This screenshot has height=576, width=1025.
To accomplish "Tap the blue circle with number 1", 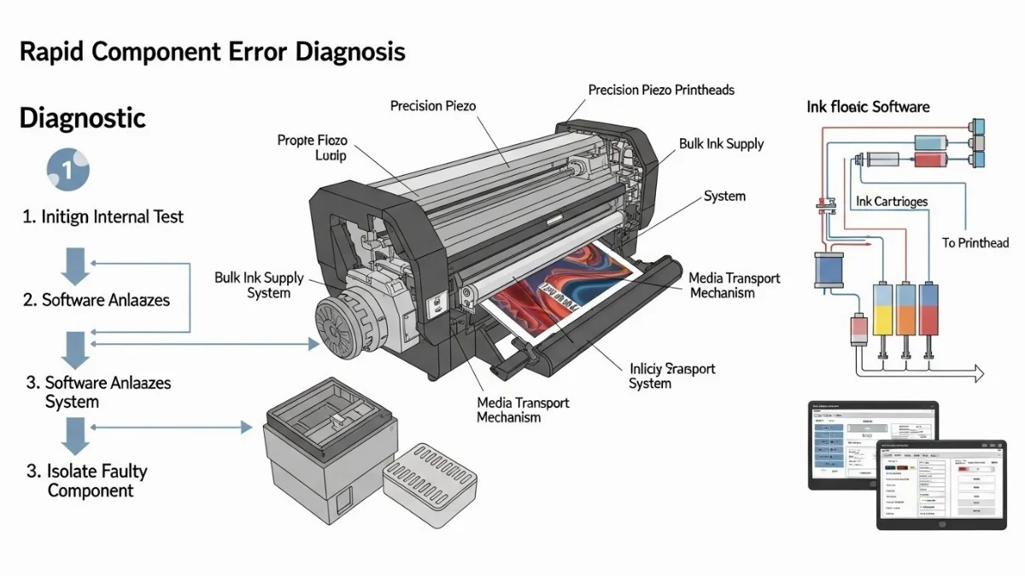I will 68,169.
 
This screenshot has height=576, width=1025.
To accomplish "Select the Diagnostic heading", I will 82,118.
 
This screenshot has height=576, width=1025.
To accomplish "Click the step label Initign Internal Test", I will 102,217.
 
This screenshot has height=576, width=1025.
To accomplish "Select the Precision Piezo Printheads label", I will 661,90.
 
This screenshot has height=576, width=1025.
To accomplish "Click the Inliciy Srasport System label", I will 671,376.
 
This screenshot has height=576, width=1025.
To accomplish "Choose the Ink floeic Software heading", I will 868,107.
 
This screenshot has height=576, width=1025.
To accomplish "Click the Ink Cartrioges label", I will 891,201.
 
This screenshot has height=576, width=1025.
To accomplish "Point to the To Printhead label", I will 975,243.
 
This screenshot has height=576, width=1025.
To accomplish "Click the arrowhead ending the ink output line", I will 975,373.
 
